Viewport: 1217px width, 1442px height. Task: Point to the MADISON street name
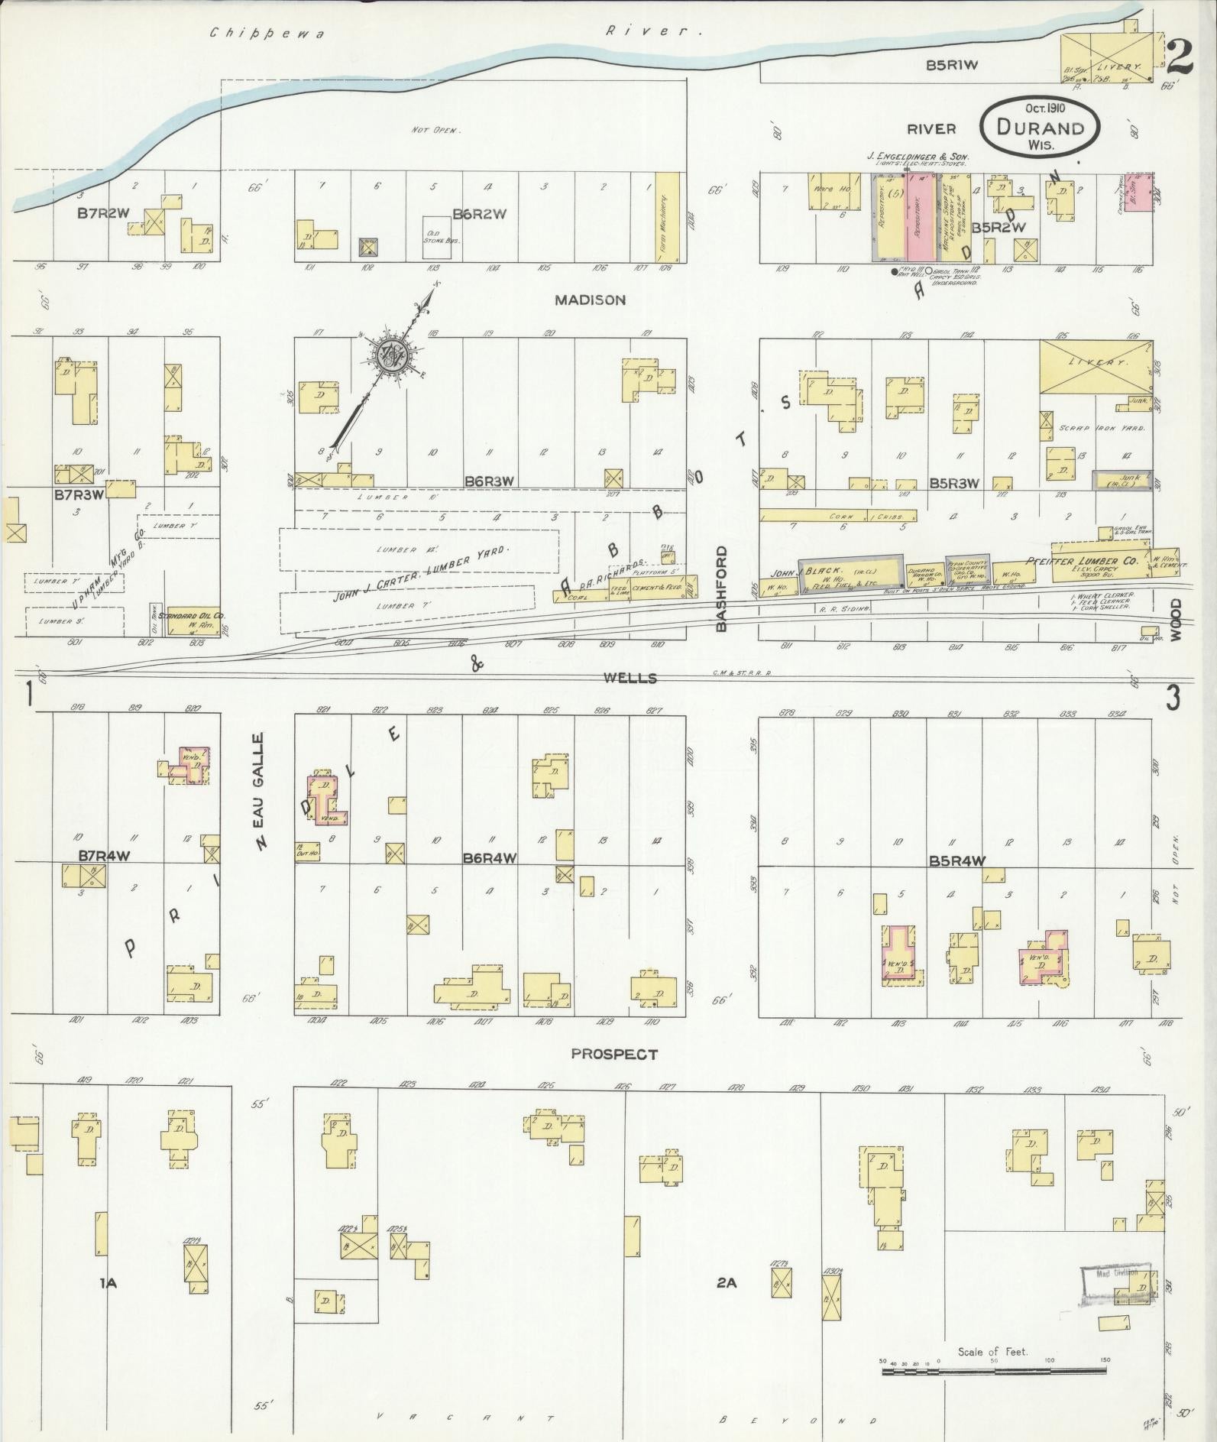pos(590,300)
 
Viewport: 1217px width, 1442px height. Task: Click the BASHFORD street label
pos(722,588)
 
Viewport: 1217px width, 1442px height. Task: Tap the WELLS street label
pos(629,678)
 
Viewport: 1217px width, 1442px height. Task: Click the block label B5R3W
pos(956,484)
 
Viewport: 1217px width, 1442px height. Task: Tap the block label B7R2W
pos(102,213)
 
